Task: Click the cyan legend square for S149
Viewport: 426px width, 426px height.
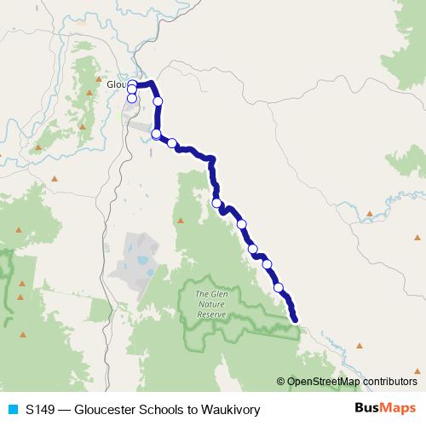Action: (x=12, y=410)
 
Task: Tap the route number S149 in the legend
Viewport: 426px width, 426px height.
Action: (x=41, y=410)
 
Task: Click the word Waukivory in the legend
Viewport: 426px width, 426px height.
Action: (x=231, y=410)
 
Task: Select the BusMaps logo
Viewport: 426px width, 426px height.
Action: (x=385, y=409)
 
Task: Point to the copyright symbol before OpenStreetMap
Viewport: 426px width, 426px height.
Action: (x=281, y=383)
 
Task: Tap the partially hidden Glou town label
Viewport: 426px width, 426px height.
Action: (x=116, y=85)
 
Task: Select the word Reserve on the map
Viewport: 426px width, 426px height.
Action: (x=211, y=314)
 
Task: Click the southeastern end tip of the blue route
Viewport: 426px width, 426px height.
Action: (x=296, y=320)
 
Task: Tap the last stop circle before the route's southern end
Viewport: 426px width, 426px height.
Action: (x=279, y=287)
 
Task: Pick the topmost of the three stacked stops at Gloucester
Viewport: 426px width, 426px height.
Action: (x=132, y=83)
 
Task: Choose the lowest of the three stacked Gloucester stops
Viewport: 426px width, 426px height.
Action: (x=132, y=99)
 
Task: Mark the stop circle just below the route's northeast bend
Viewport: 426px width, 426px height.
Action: (x=158, y=101)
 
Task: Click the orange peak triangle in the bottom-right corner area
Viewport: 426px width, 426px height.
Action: (x=360, y=346)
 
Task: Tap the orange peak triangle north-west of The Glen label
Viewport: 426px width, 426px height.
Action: (x=181, y=221)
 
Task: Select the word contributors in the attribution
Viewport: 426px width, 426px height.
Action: (x=391, y=383)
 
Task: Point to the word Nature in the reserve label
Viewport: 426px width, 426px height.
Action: (x=211, y=303)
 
